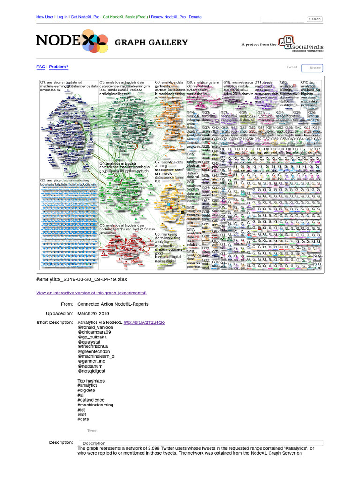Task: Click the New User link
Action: click(x=45, y=17)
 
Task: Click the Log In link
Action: click(x=62, y=17)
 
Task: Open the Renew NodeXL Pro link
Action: click(x=168, y=17)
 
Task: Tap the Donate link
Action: click(x=195, y=17)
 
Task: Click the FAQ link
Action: click(x=41, y=67)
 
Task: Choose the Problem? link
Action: click(x=59, y=67)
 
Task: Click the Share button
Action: click(x=315, y=68)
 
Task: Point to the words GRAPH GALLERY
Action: click(x=151, y=42)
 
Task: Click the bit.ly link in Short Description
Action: click(x=144, y=322)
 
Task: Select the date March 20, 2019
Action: click(x=93, y=313)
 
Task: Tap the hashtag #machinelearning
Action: click(x=95, y=405)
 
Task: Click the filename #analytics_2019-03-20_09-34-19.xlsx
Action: click(x=82, y=279)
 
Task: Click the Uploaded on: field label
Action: click(x=60, y=313)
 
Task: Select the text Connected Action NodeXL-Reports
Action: click(x=112, y=304)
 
